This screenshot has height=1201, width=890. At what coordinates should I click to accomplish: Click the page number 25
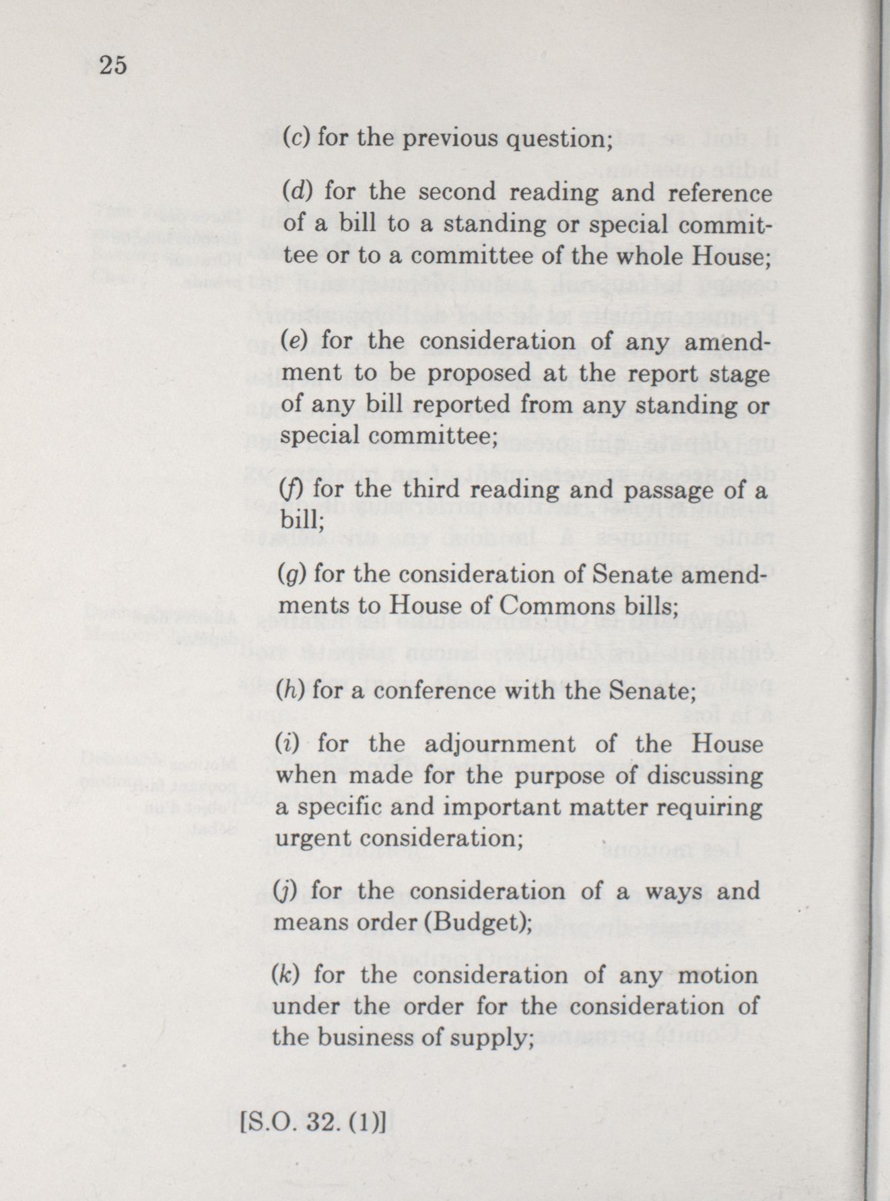(113, 65)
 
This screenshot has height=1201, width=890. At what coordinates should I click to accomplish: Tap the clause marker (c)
(296, 139)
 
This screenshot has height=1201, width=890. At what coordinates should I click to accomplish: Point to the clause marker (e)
(296, 340)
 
